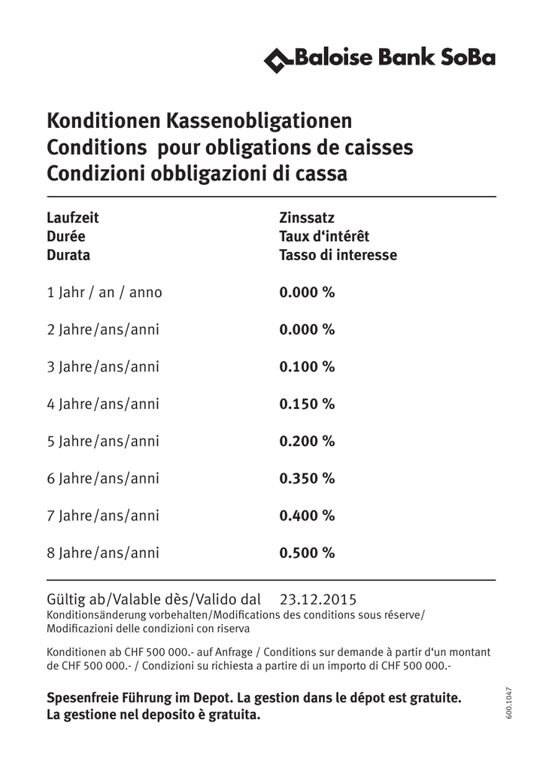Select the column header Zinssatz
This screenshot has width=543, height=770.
307,218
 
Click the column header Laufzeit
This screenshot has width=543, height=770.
73,218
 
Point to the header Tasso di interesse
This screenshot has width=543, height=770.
338,255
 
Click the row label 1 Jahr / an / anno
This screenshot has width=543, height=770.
105,293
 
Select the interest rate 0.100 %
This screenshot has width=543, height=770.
307,367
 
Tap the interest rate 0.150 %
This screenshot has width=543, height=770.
307,404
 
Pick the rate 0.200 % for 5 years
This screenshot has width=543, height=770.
307,441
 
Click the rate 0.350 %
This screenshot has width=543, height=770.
307,478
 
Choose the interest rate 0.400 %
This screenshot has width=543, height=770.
307,516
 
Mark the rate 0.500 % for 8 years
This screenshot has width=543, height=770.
307,553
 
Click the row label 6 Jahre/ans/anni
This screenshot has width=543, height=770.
103,478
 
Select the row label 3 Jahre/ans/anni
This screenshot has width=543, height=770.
103,367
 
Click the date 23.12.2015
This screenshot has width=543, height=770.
318,599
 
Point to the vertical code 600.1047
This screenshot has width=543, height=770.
508,704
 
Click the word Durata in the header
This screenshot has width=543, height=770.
68,255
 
